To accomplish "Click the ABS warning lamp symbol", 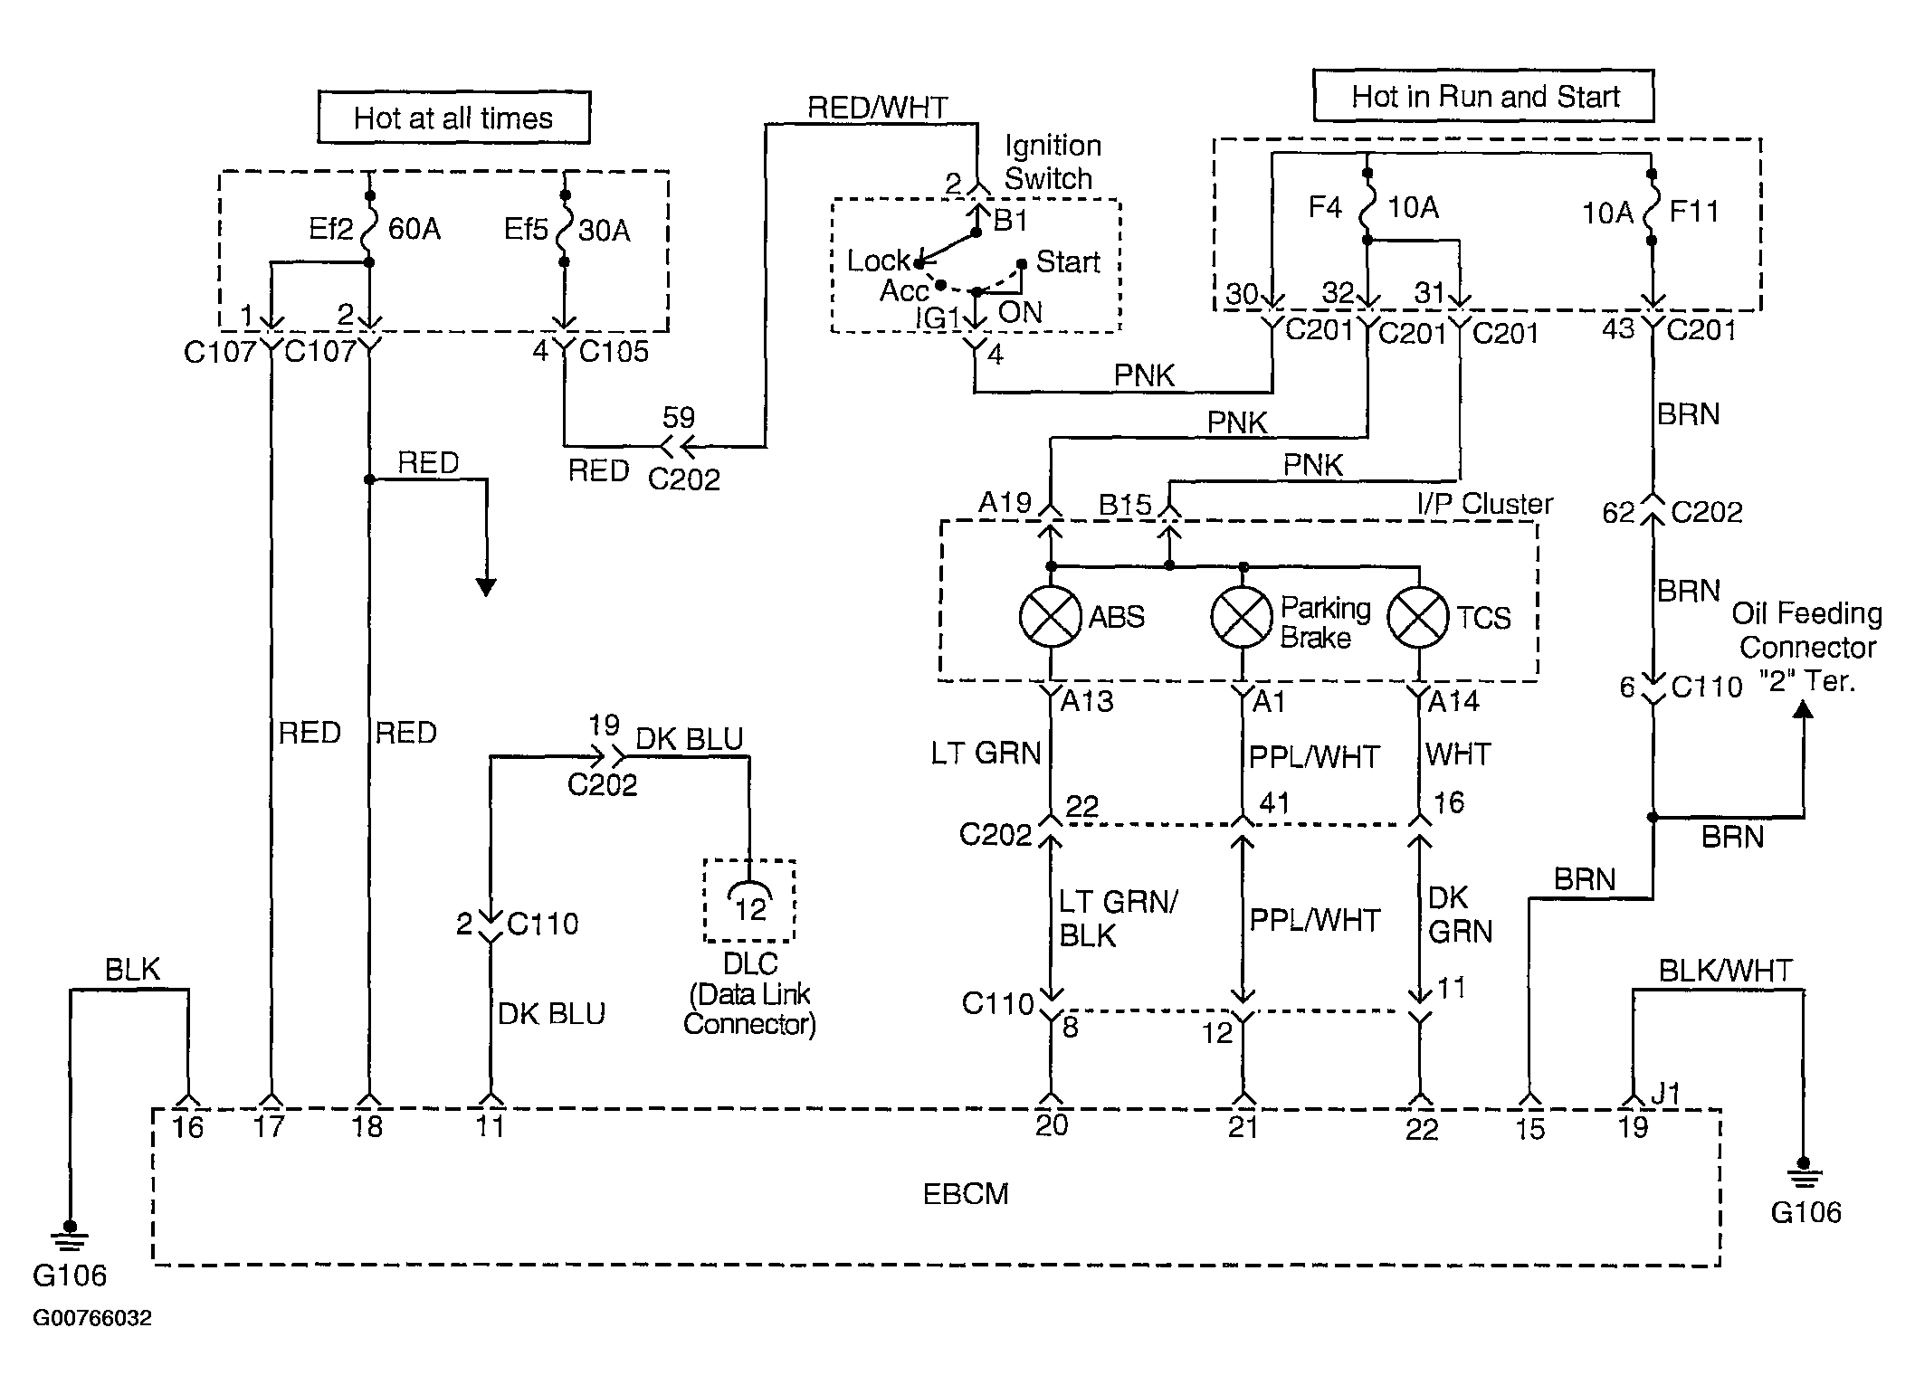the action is pyautogui.click(x=1050, y=616).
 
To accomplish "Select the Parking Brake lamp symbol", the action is pyautogui.click(x=1243, y=616).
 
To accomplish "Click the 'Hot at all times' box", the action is pyautogui.click(x=453, y=118).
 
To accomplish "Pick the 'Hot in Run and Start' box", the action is pyautogui.click(x=1483, y=96).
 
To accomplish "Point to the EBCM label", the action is pyautogui.click(x=965, y=1194).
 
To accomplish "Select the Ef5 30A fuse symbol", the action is pyautogui.click(x=564, y=228).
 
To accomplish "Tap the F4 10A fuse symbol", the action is pyautogui.click(x=1367, y=206).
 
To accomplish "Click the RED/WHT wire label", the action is pyautogui.click(x=877, y=108).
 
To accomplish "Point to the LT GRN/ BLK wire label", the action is pyautogui.click(x=1118, y=918).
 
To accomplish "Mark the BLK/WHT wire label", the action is pyautogui.click(x=1725, y=971).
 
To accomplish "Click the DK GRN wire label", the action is pyautogui.click(x=1460, y=914).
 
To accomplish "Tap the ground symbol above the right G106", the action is pyautogui.click(x=1803, y=1173).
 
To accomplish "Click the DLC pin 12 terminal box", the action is pyautogui.click(x=749, y=901).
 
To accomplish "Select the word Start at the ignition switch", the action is pyautogui.click(x=1068, y=261).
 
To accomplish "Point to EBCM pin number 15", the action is pyautogui.click(x=1529, y=1128).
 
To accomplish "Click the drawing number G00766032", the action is pyautogui.click(x=92, y=1318).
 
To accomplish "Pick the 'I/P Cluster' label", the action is pyautogui.click(x=1484, y=504).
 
